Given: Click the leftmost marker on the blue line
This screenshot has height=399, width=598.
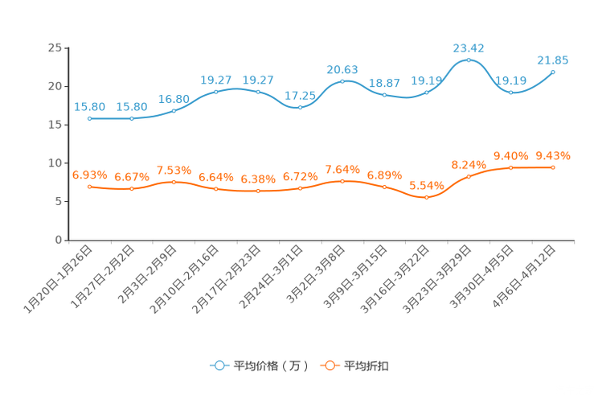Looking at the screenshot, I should coord(89,118).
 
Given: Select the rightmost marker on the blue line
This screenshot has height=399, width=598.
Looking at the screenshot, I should coord(553,72).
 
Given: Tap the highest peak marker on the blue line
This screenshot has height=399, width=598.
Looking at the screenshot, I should coord(469,60).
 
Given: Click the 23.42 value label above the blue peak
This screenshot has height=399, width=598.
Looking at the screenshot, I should coord(469,47).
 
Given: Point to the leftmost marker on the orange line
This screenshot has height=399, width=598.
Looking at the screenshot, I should coord(89,186).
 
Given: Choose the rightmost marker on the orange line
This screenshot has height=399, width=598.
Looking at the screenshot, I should coord(553,167).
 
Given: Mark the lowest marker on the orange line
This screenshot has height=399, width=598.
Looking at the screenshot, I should coord(426,196).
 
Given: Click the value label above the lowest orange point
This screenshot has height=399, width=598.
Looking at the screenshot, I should coord(426,185).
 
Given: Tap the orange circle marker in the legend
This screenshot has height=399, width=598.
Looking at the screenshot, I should coord(329,365).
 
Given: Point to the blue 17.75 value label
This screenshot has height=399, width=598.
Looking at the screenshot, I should coord(300,95).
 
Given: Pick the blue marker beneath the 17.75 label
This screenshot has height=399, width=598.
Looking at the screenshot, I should coord(300,107).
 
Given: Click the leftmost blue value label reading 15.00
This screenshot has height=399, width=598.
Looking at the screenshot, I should coord(89,106).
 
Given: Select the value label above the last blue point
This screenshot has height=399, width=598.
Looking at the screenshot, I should coord(553,60).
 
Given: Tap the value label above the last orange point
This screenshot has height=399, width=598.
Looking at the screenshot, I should coord(553,155).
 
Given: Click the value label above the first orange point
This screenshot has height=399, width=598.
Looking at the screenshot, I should coord(89,174).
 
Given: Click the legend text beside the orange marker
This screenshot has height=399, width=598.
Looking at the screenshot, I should coord(367,366).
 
